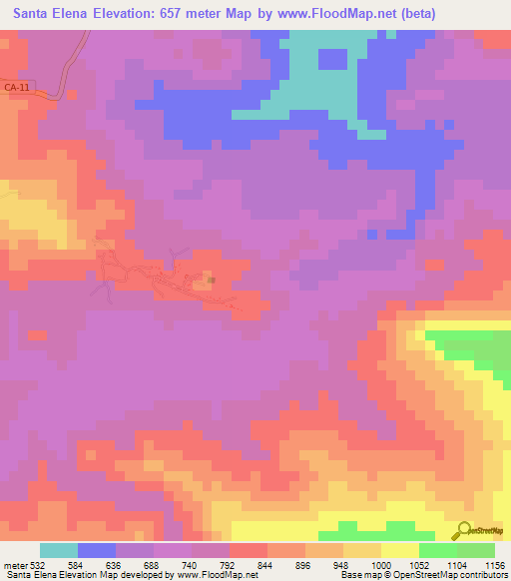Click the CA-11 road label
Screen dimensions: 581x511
pyautogui.click(x=15, y=89)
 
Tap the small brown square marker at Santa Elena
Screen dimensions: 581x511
pyautogui.click(x=212, y=281)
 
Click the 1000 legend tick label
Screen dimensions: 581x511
pyautogui.click(x=381, y=566)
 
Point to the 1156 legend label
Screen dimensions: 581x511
pyautogui.click(x=493, y=566)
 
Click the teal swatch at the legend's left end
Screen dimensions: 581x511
pyautogui.click(x=59, y=550)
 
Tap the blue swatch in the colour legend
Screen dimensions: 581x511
pyautogui.click(x=97, y=550)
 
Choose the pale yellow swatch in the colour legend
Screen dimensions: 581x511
pyautogui.click(x=400, y=550)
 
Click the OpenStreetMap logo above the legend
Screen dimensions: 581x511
pyautogui.click(x=479, y=531)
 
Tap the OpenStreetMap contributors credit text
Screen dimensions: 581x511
pyautogui.click(x=452, y=576)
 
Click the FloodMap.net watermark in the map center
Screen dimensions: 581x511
pyautogui.click(x=255, y=290)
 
